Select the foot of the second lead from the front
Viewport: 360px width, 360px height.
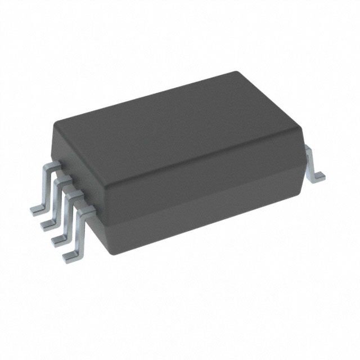58,240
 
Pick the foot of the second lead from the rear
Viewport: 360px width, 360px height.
47,224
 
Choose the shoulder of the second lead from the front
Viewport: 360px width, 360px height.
74,195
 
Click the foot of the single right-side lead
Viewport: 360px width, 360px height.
318,176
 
